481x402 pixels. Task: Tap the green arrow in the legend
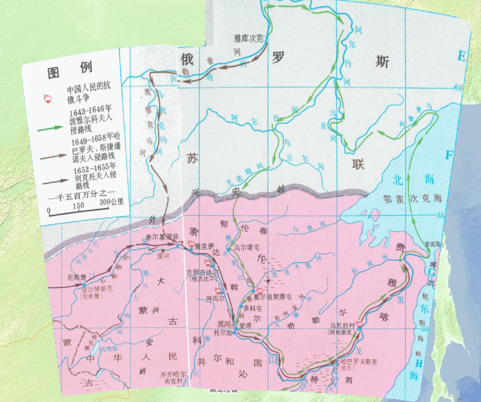tap(54, 129)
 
